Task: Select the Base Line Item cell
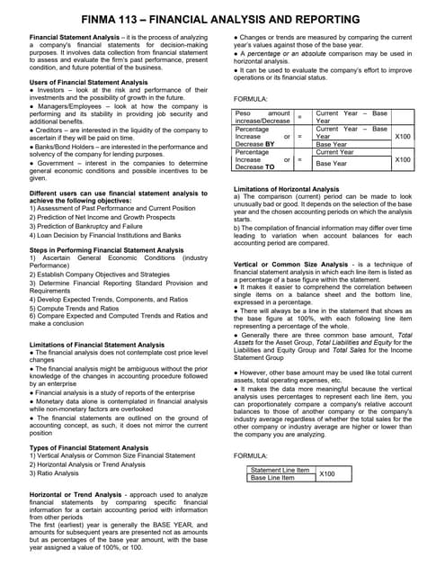(272, 478)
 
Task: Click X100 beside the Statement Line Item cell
(327, 473)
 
